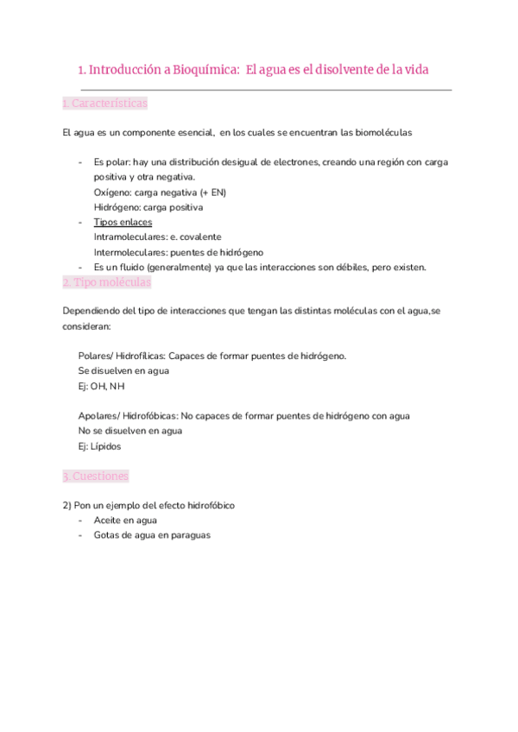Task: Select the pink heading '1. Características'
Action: point(104,104)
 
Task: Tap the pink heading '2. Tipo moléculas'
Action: point(106,282)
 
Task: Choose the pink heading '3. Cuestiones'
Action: point(96,476)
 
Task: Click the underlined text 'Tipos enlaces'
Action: point(123,222)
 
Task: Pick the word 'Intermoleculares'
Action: point(130,252)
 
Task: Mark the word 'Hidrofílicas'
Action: point(139,356)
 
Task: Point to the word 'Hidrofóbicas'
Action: point(145,416)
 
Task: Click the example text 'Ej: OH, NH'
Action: point(101,386)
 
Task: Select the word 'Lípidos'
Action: point(106,446)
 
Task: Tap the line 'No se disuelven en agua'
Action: point(129,431)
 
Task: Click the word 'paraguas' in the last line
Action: point(191,535)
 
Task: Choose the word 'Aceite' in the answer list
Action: point(109,521)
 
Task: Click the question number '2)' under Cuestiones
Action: point(68,505)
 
